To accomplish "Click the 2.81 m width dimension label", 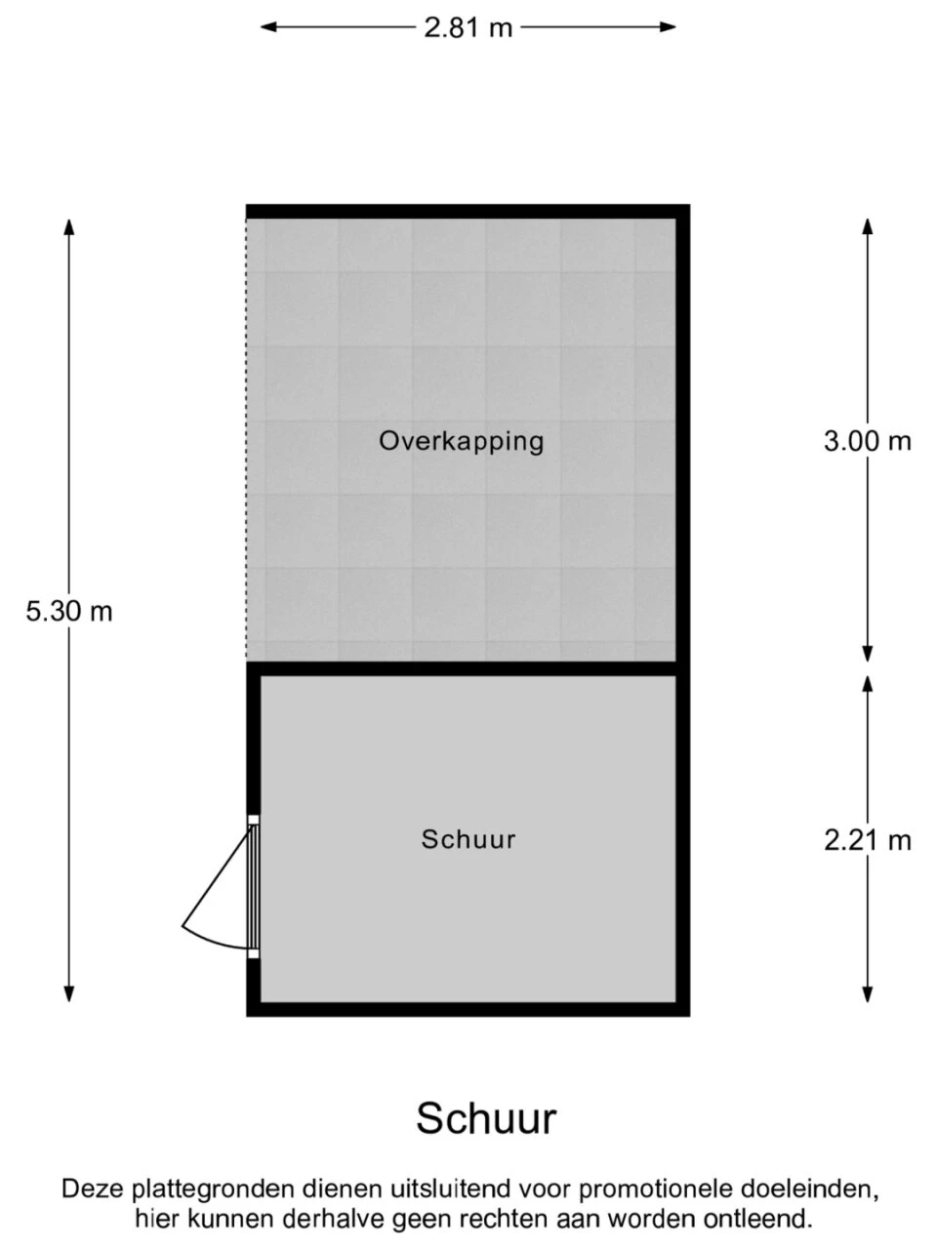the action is [x=468, y=27].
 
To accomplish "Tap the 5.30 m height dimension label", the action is [x=69, y=612].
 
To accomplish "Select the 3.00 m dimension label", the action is [x=867, y=441].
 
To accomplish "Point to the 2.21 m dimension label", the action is [x=867, y=840].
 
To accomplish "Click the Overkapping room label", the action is [x=462, y=442].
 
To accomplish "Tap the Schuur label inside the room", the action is [x=468, y=840].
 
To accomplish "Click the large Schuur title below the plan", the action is [x=486, y=1118].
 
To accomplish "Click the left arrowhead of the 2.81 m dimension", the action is [x=268, y=26].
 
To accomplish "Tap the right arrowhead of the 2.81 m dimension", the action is [x=668, y=26].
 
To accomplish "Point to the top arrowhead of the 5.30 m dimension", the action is [x=69, y=226].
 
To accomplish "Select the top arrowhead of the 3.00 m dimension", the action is [x=867, y=226].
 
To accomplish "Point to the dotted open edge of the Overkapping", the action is [x=246, y=440].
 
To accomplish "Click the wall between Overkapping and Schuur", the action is [x=468, y=668].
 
